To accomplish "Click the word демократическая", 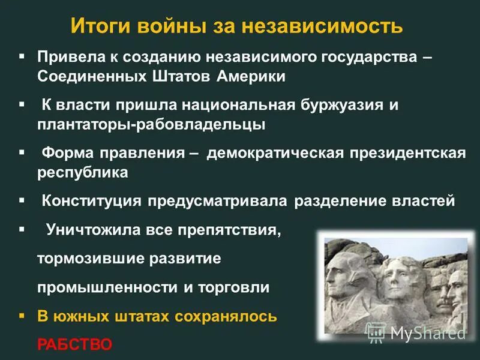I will [275, 153].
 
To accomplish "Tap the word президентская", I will [407, 153].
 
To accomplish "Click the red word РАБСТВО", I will [74, 344].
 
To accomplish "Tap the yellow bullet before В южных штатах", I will [22, 314].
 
